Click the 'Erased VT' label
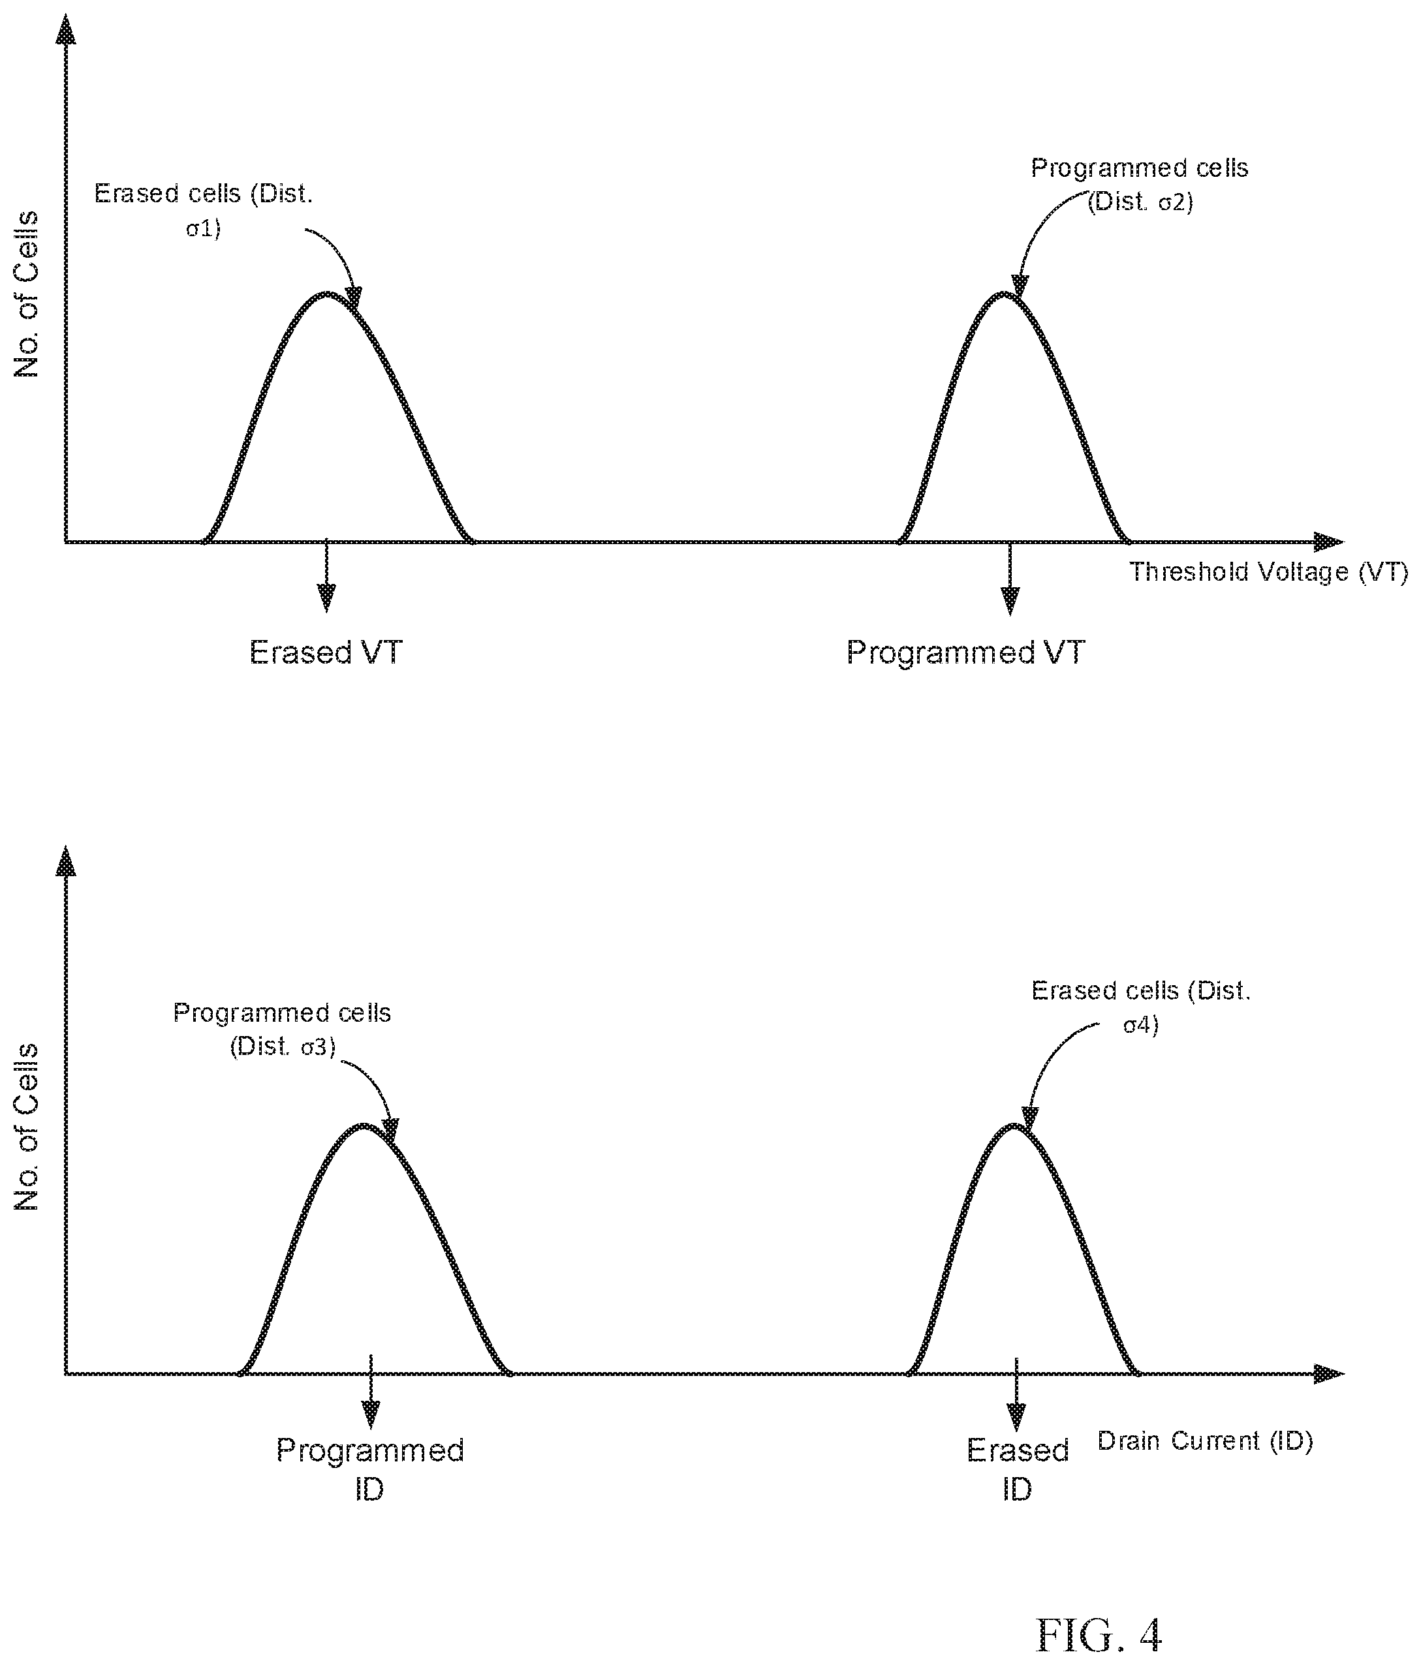(326, 652)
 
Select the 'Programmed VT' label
(965, 652)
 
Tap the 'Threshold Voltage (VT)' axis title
(1269, 572)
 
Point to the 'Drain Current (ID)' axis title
(1206, 1441)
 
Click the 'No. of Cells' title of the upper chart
(27, 294)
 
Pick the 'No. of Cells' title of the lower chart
(27, 1127)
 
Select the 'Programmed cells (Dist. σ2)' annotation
(1140, 185)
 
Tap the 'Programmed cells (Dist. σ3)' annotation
(282, 1030)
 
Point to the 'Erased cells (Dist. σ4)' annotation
(1141, 1008)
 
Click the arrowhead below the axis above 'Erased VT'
(326, 597)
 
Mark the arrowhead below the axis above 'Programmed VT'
(1010, 600)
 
